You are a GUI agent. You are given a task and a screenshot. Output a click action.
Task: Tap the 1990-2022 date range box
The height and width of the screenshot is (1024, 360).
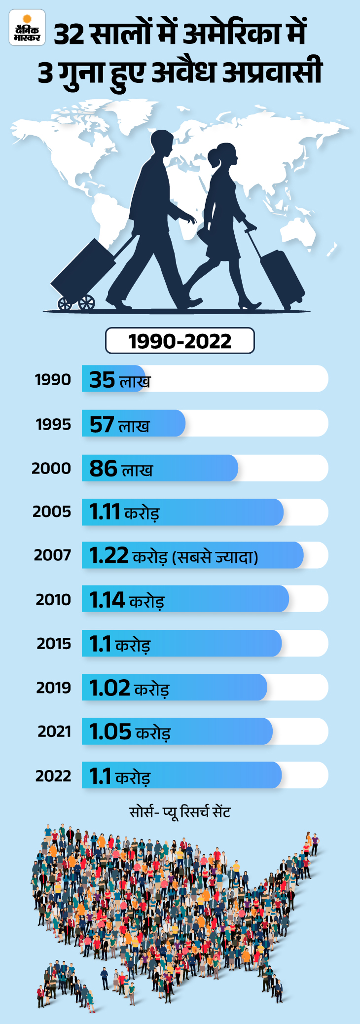coord(180,341)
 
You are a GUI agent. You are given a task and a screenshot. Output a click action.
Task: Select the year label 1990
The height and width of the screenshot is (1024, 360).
coord(53,380)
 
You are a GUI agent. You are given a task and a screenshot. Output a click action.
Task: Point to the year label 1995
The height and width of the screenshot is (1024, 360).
coord(53,424)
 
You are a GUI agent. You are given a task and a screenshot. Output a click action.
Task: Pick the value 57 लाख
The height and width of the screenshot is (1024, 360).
coord(119,425)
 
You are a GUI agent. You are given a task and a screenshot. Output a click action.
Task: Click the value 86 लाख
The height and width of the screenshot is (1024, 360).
coord(121,469)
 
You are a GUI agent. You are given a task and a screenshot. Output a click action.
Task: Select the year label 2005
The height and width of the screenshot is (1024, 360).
coord(52,512)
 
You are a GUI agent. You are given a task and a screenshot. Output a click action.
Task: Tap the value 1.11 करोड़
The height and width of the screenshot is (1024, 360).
coord(124,512)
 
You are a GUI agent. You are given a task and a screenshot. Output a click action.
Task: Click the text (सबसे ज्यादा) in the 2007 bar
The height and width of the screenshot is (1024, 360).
coord(215,557)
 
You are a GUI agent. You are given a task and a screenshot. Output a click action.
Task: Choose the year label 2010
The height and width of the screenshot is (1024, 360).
coord(53,600)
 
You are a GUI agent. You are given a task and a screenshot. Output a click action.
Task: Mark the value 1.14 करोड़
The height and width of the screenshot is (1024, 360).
coord(126,600)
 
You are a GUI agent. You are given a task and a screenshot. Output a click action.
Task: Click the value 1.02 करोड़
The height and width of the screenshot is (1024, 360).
coord(129,688)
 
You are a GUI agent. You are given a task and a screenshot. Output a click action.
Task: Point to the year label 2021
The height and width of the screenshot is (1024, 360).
coord(54,731)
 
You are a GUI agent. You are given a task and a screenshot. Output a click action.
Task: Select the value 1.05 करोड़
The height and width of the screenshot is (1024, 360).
coord(130,732)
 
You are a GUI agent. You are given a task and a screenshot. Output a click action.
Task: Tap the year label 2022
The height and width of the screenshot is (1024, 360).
coord(53,776)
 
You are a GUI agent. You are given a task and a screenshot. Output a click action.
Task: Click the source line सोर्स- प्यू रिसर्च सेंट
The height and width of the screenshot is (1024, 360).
coord(180,812)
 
